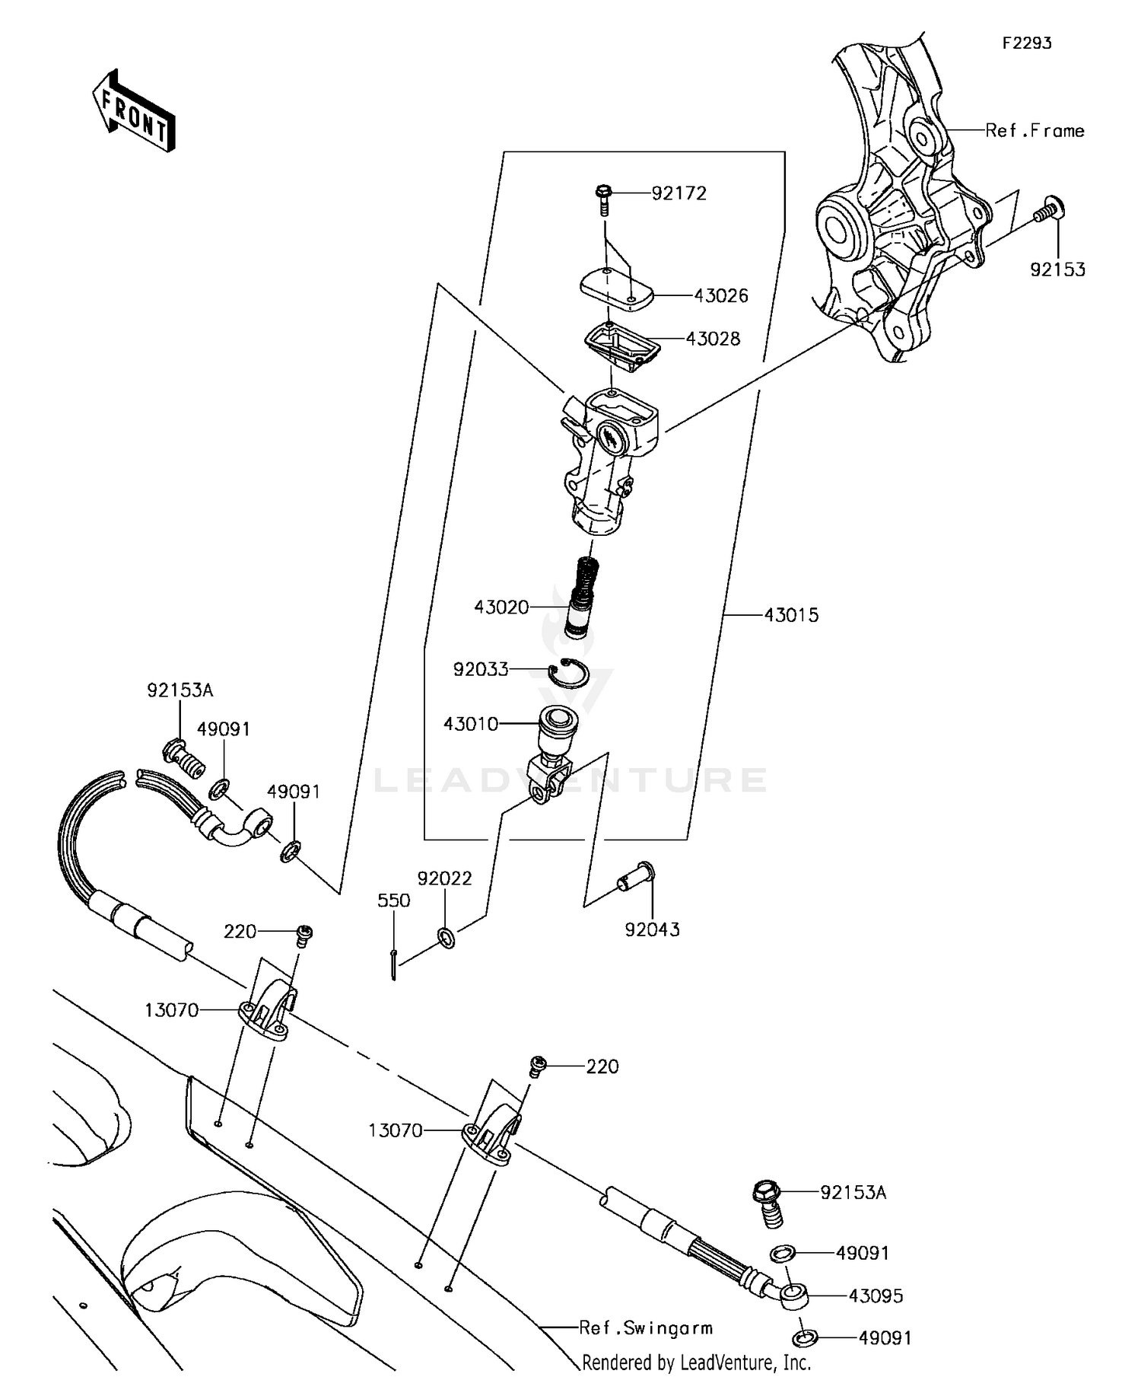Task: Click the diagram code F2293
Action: click(1026, 43)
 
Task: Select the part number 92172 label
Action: click(679, 193)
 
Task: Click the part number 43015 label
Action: click(791, 615)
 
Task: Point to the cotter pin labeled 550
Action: click(393, 964)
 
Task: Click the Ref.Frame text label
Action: click(1035, 131)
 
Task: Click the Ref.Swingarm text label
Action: click(646, 1328)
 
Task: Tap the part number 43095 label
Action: click(876, 1296)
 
